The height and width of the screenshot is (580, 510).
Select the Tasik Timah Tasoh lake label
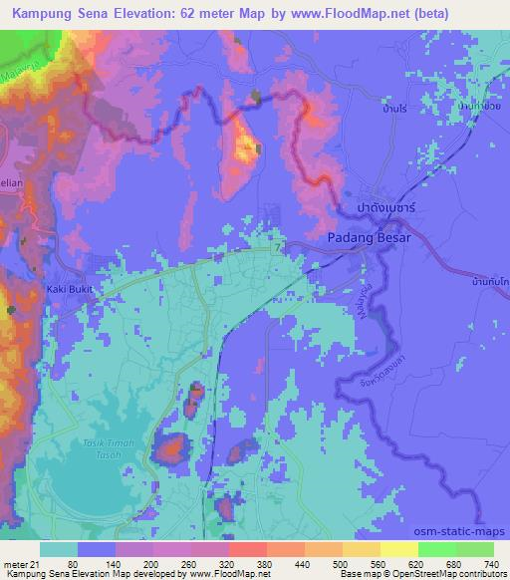97,449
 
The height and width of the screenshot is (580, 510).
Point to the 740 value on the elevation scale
492,563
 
